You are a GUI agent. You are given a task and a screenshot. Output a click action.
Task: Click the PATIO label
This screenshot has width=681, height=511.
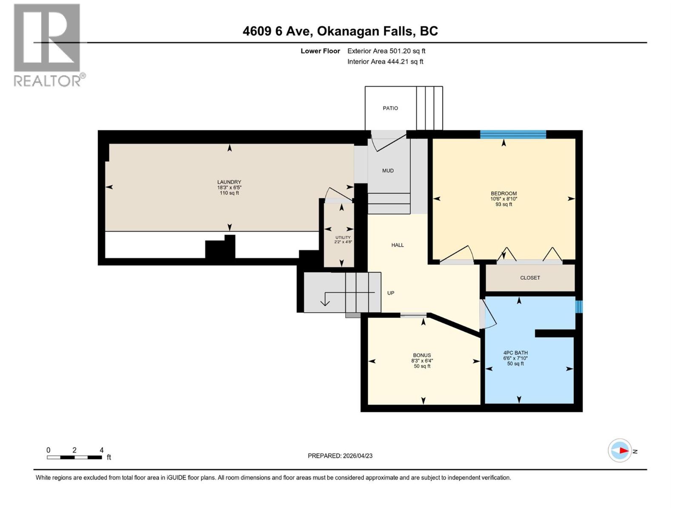390,108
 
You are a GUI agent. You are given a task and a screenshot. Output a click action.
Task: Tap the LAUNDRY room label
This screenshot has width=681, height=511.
229,182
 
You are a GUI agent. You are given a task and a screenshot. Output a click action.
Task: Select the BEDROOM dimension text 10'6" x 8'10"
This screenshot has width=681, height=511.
504,199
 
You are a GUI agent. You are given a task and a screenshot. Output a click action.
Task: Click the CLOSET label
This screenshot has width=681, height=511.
530,278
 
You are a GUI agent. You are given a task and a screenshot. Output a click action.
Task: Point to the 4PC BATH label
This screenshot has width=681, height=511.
515,353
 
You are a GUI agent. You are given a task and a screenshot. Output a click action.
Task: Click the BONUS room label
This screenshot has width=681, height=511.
422,355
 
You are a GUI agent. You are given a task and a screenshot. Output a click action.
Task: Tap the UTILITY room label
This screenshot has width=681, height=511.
343,238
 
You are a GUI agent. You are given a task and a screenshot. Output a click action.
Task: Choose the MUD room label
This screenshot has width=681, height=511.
388,171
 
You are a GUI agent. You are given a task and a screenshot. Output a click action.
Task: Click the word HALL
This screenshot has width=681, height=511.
398,245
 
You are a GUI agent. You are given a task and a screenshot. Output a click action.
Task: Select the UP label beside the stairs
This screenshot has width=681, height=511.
391,293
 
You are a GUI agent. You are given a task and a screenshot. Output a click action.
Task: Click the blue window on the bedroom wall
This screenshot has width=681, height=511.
513,135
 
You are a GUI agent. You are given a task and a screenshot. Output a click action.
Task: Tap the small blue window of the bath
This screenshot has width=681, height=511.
578,307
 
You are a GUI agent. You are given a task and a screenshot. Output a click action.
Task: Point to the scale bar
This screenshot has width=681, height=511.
74,457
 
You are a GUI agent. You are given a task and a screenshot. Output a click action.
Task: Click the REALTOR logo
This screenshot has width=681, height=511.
48,45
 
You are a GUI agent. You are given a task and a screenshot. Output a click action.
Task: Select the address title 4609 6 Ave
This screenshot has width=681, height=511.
340,31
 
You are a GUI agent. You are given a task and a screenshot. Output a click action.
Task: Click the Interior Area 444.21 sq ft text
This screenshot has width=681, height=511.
385,61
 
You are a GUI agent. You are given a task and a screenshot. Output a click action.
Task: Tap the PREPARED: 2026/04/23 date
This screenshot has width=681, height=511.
340,456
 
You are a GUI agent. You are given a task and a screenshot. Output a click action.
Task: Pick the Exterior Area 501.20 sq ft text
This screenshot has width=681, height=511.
386,51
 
